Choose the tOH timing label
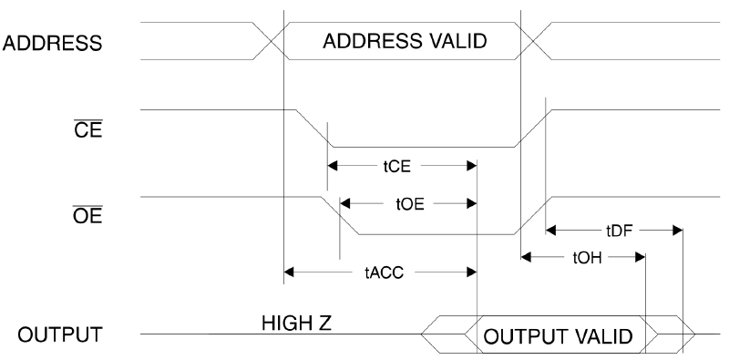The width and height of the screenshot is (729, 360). [x=584, y=257]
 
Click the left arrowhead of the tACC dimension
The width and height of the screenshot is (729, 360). [x=290, y=271]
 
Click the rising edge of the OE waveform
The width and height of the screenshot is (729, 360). [x=530, y=215]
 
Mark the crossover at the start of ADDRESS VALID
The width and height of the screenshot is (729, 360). [x=269, y=41]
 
